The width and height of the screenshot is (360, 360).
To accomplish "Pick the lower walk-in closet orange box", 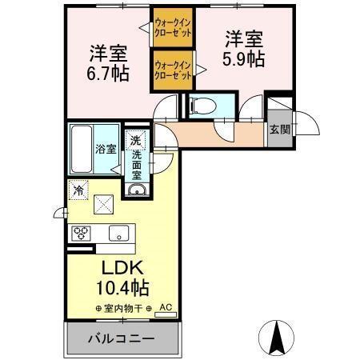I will point(172,69).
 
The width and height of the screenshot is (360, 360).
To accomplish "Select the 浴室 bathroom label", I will point(106,149).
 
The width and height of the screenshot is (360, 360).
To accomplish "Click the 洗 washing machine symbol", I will point(136,138).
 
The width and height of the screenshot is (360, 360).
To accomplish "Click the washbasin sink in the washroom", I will point(136,190).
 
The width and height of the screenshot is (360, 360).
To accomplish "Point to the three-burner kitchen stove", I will point(82,234).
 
